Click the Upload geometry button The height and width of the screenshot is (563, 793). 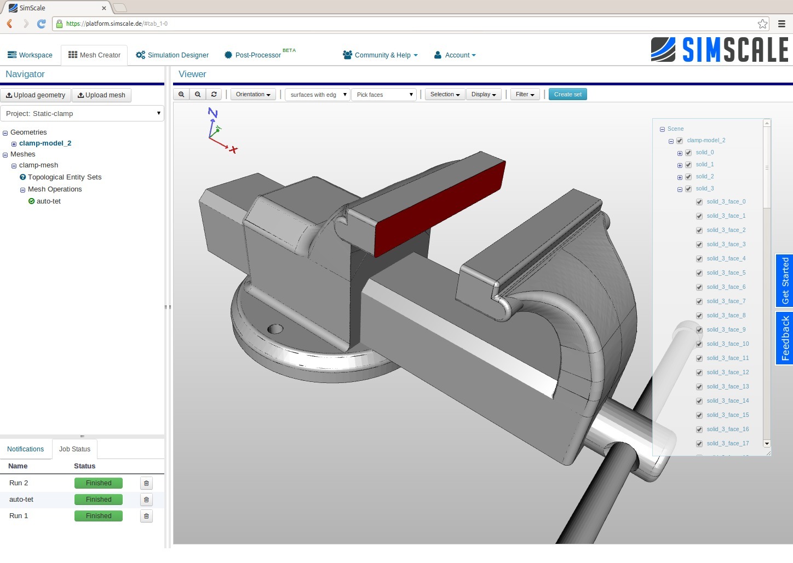[36, 95]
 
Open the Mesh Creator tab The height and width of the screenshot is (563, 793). [94, 55]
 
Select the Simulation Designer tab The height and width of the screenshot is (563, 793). [172, 55]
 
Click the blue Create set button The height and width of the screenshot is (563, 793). [567, 94]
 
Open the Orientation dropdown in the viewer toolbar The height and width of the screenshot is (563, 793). [253, 94]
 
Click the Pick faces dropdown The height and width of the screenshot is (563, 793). [384, 95]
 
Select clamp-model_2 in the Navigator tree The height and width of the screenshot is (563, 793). [45, 143]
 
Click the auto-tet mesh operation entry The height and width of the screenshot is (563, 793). [48, 201]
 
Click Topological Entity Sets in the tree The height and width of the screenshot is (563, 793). [65, 177]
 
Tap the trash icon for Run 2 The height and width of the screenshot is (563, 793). [146, 483]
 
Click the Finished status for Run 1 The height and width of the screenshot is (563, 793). [99, 516]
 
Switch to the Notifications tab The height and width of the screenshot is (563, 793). [25, 449]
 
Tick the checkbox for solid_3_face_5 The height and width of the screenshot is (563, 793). [699, 273]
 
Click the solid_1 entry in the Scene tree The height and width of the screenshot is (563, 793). [704, 165]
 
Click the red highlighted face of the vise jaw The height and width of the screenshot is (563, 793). [438, 208]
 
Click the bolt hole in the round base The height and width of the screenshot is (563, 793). [275, 329]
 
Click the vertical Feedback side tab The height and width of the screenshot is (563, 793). [785, 338]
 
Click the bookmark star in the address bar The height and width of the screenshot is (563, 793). [762, 24]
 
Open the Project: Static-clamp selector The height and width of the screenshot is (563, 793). [82, 113]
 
